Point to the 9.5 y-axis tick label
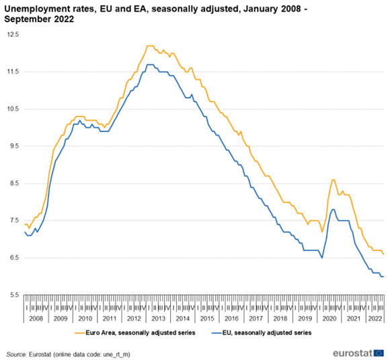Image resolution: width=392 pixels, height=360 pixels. pyautogui.click(x=13, y=146)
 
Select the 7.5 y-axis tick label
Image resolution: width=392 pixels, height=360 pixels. pyautogui.click(x=13, y=221)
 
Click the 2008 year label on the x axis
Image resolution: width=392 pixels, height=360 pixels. pyautogui.click(x=36, y=317)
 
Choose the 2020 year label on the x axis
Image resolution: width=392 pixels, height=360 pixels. pyautogui.click(x=329, y=317)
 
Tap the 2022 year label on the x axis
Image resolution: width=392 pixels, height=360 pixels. pyautogui.click(x=374, y=317)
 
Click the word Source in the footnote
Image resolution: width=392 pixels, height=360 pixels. pyautogui.click(x=17, y=353)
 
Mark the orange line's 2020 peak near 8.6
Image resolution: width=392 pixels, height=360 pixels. pyautogui.click(x=334, y=180)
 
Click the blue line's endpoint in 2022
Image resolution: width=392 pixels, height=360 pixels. pyautogui.click(x=384, y=277)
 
